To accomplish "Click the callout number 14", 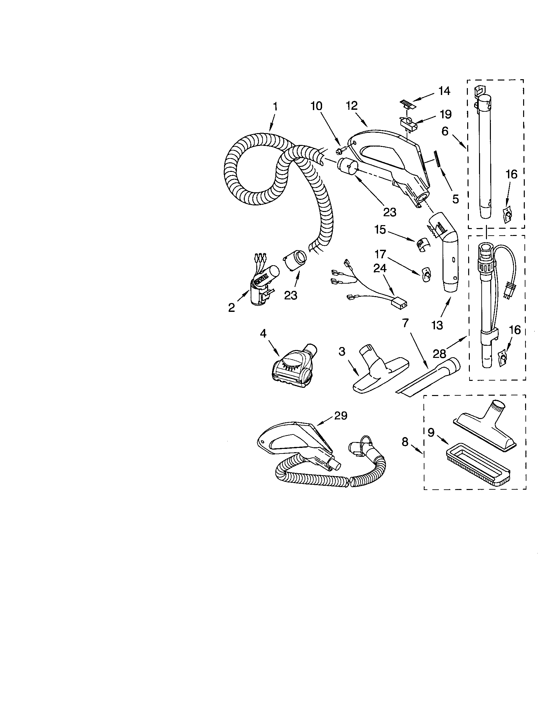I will coord(444,91).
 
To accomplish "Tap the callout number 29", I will coord(341,416).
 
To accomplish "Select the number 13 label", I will coord(437,325).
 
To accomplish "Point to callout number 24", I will coord(380,268).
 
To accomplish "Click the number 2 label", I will coord(232,308).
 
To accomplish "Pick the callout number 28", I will coord(439,354).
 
